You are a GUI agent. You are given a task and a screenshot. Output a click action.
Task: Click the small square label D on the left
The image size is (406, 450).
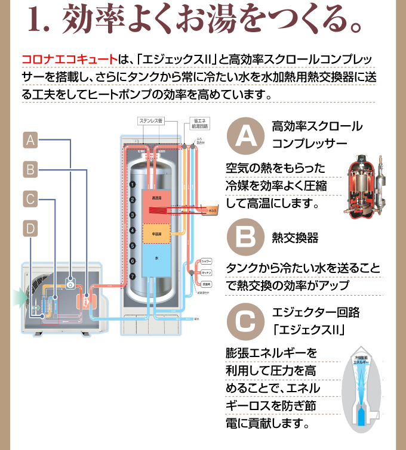[x=30, y=228]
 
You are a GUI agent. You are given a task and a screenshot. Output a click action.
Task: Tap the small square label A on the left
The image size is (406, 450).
[x=30, y=140]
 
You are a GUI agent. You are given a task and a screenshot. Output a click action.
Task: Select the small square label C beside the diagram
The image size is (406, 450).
[x=30, y=198]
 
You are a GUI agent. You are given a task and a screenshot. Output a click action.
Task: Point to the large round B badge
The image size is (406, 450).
[x=244, y=238]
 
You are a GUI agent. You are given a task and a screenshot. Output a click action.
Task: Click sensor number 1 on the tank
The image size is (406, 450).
[x=132, y=185]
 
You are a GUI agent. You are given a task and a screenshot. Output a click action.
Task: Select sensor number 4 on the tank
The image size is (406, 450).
[x=132, y=230]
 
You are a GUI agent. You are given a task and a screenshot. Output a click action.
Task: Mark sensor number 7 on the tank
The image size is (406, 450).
[x=132, y=276]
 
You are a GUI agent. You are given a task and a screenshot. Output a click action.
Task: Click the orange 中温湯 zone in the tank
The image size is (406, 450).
[x=156, y=234]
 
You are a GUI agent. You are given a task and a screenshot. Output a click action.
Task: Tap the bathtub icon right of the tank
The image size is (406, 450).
[x=213, y=210]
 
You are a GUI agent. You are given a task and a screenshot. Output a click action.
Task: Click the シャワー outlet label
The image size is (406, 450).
[x=207, y=262]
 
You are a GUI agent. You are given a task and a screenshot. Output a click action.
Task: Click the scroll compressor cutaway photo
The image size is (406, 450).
[x=365, y=186]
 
